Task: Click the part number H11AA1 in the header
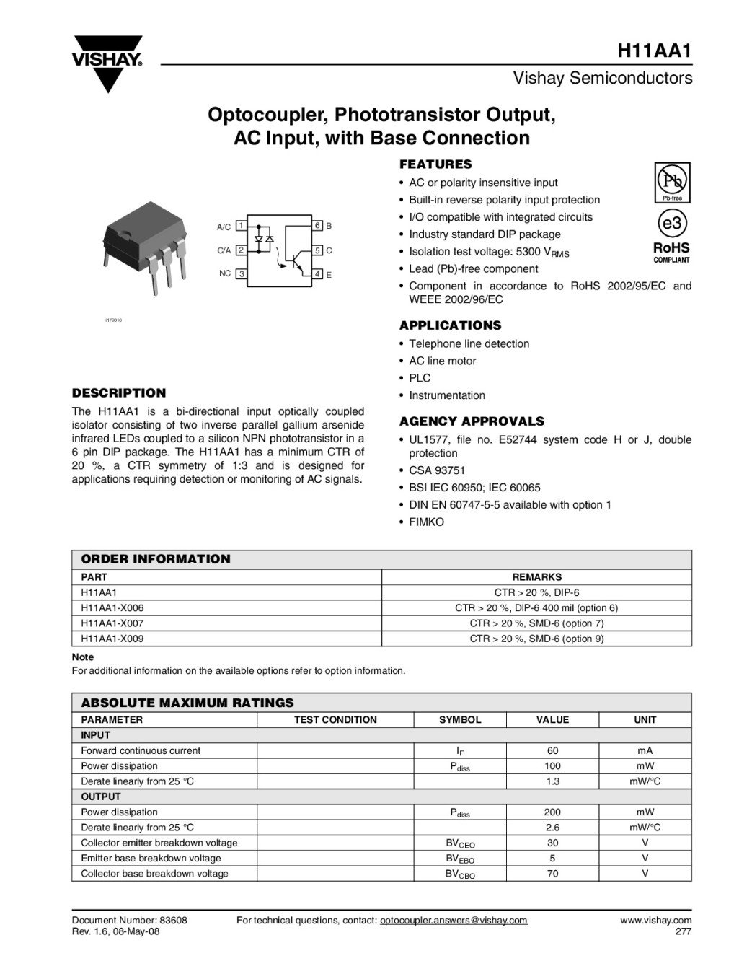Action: click(x=655, y=51)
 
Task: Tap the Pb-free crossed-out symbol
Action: click(x=671, y=180)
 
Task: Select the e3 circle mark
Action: click(x=671, y=224)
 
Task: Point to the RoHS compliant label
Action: click(x=671, y=251)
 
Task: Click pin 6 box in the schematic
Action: click(x=317, y=226)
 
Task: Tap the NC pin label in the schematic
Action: click(x=225, y=274)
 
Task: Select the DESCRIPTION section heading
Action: click(x=119, y=393)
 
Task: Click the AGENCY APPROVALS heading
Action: click(x=472, y=421)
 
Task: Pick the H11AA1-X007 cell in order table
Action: click(x=112, y=623)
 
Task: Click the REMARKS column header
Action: click(x=536, y=577)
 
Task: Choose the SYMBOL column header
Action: click(x=460, y=720)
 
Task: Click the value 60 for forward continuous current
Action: click(x=552, y=751)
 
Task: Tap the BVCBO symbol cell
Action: click(x=460, y=874)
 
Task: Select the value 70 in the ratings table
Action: click(x=552, y=874)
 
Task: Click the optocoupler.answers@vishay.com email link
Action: click(x=454, y=921)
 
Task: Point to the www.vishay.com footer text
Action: click(x=655, y=921)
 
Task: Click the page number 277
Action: click(x=683, y=931)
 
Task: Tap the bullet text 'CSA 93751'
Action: click(x=437, y=470)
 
